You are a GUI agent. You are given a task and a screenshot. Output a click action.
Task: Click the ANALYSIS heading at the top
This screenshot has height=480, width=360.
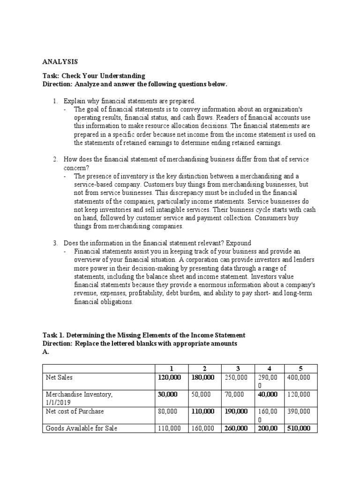coord(60,61)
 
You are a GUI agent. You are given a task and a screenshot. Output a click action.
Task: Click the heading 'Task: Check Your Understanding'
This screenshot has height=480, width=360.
coord(94,76)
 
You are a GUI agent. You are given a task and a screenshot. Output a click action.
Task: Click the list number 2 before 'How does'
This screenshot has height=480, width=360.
coord(55,160)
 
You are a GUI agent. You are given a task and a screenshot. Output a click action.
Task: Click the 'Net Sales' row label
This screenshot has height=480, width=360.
coord(59,377)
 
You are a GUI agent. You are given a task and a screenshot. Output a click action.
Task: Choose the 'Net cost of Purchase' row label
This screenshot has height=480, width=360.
coord(74,411)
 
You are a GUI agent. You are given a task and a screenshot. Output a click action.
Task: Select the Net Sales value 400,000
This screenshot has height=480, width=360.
coord(299,377)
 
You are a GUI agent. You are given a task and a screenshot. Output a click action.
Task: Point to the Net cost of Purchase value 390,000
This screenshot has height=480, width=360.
coord(299,411)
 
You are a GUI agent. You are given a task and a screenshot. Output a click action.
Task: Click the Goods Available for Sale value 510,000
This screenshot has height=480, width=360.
coord(299,428)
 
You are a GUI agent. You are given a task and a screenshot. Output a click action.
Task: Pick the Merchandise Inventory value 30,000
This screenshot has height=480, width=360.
coord(168,394)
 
